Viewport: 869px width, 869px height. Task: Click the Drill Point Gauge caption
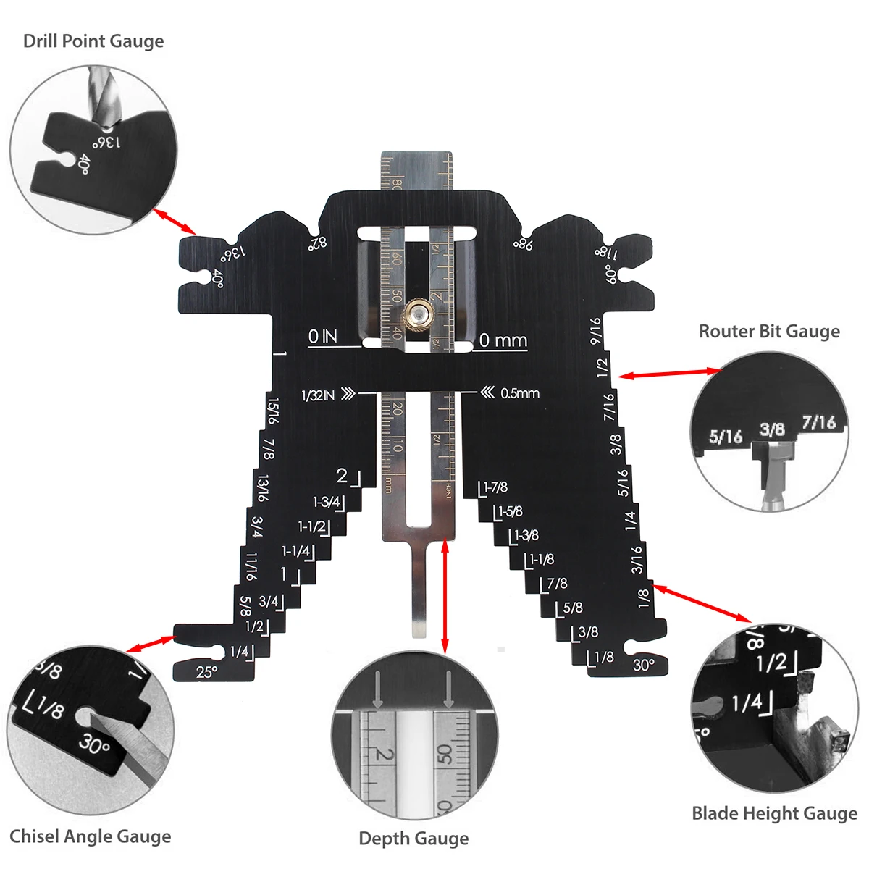(x=93, y=41)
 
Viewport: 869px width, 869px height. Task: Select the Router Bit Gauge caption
(x=769, y=332)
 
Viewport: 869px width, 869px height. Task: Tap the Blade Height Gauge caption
(x=774, y=813)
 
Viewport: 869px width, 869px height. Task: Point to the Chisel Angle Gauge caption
(x=91, y=836)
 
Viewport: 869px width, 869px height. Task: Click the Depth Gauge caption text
(x=413, y=839)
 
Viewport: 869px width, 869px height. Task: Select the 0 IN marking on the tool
(x=322, y=337)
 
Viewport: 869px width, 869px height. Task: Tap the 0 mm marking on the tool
(x=503, y=340)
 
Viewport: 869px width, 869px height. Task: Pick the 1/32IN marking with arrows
(x=327, y=395)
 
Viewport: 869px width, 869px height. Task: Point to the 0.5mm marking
(x=511, y=393)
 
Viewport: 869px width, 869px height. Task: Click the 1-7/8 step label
(x=495, y=488)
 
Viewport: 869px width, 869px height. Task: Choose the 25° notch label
(x=206, y=672)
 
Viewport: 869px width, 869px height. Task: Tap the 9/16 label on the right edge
(x=595, y=331)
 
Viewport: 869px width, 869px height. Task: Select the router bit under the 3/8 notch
(x=772, y=471)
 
